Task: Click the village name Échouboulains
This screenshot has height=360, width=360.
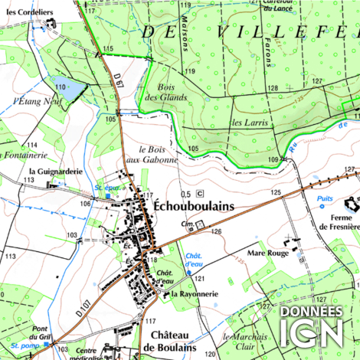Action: tap(193, 208)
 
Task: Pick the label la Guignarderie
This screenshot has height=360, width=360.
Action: tap(55, 172)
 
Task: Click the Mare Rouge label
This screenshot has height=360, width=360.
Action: tap(267, 251)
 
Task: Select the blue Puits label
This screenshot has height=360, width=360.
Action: tap(326, 198)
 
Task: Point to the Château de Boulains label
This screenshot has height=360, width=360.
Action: tap(174, 341)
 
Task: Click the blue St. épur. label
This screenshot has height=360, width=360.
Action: tap(107, 188)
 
